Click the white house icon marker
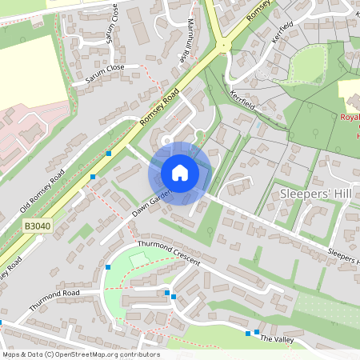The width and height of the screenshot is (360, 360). click(180, 173)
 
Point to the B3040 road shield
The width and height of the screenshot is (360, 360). click(35, 227)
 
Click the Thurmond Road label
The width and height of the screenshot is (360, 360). click(55, 300)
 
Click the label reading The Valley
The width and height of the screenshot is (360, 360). click(278, 340)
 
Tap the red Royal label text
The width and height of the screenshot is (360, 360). click(350, 117)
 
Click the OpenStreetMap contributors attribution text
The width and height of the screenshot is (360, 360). click(81, 354)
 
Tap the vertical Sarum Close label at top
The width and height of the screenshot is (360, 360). click(114, 22)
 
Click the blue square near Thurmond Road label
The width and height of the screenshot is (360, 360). click(107, 267)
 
